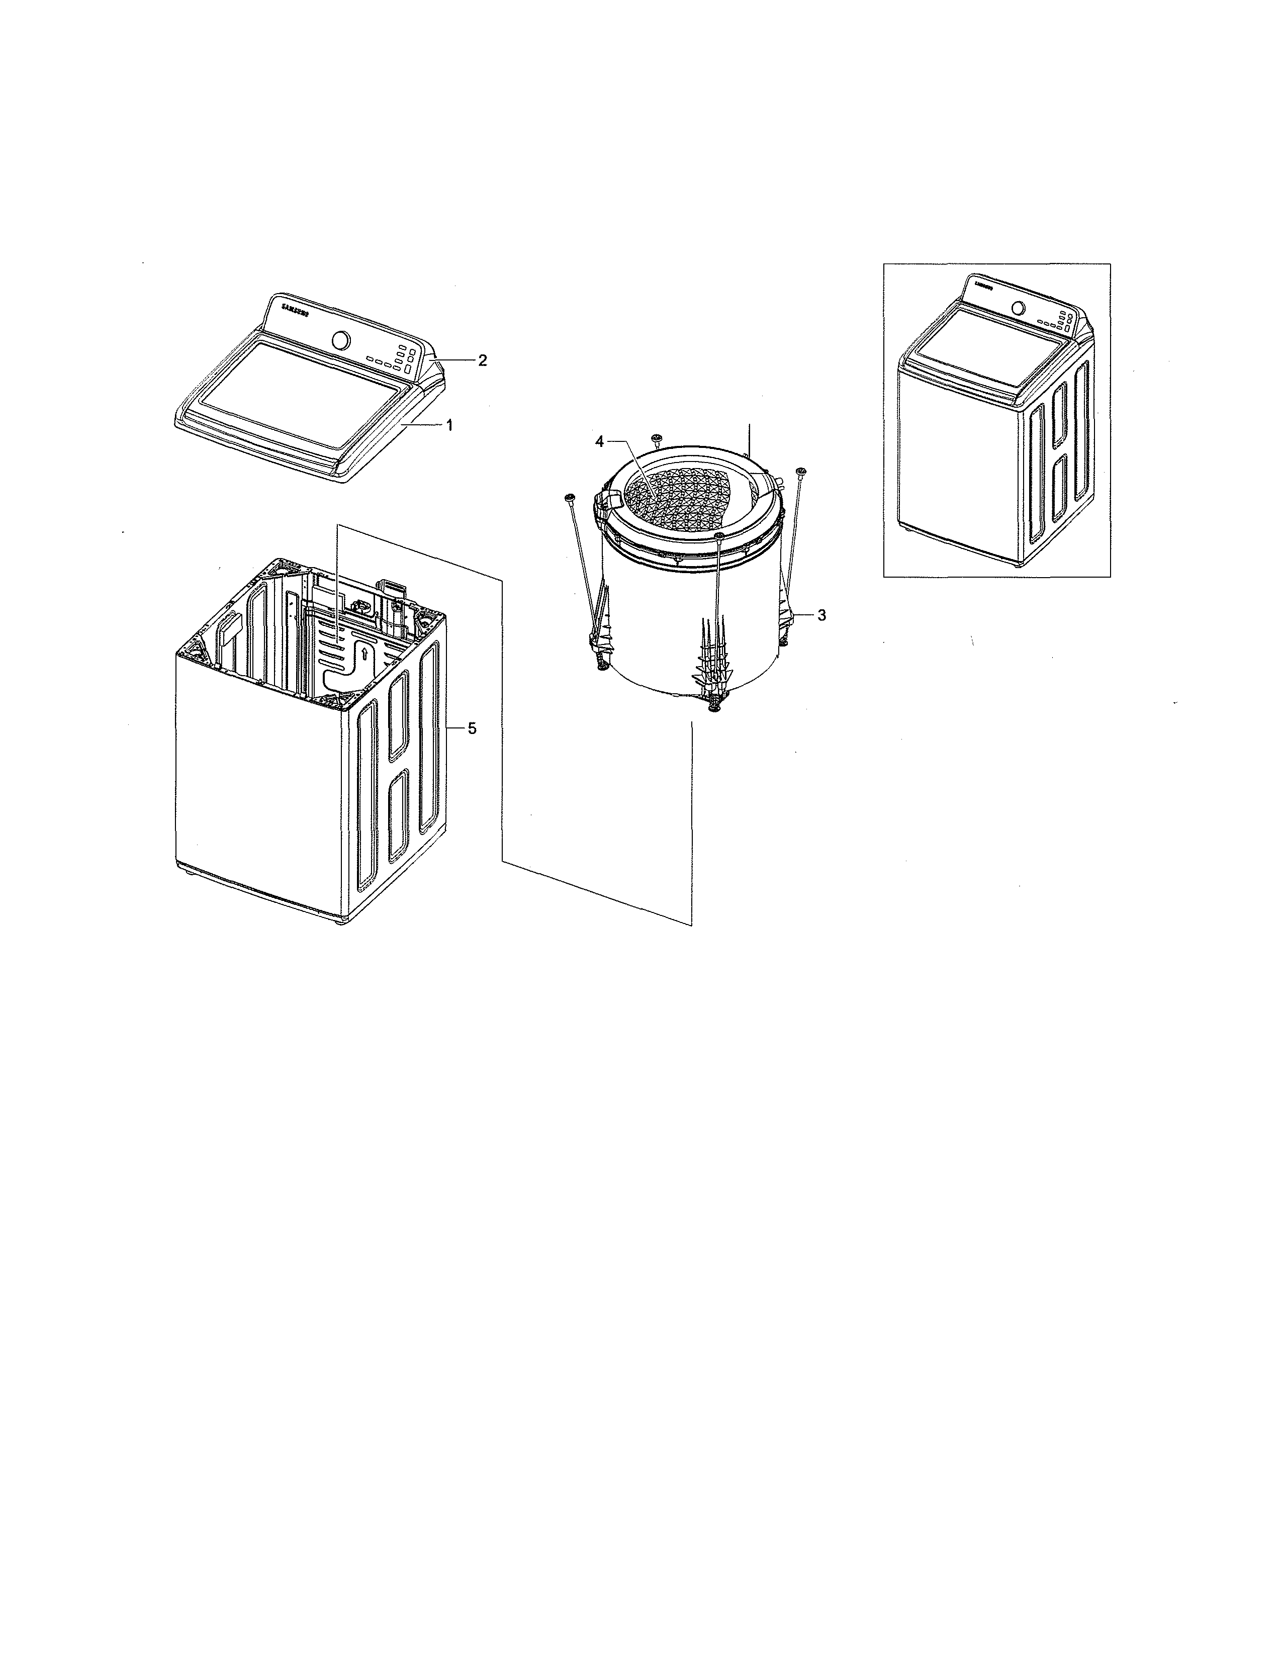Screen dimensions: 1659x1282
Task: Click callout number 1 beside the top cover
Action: (x=449, y=426)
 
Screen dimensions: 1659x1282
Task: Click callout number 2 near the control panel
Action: (x=482, y=360)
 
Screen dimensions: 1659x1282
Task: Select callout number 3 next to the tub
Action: (x=821, y=615)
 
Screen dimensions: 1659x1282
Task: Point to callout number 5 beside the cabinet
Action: (x=472, y=728)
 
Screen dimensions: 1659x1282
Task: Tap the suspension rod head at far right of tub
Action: (x=800, y=473)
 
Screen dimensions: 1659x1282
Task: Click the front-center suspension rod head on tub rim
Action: (x=718, y=536)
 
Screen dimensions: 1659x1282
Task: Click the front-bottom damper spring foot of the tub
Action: (x=714, y=706)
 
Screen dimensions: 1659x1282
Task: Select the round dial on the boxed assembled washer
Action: (x=1018, y=308)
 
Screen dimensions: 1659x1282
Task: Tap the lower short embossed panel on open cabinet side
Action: (x=398, y=816)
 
